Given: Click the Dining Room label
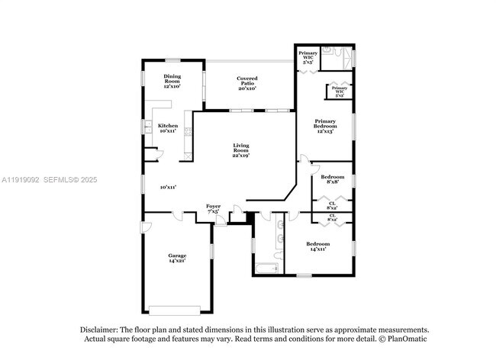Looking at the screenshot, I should pos(172,80).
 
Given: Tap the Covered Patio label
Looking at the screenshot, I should pos(246,83).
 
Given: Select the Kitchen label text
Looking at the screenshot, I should pos(168,128).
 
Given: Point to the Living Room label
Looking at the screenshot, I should pos(241,150).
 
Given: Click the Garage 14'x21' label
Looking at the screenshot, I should pos(177,258).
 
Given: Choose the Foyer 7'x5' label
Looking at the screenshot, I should pos(214,208).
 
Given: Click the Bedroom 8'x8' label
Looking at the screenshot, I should pos(332,179).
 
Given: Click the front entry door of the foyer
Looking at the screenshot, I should pos(221,221).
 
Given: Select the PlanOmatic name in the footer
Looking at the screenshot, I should pos(408,339).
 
